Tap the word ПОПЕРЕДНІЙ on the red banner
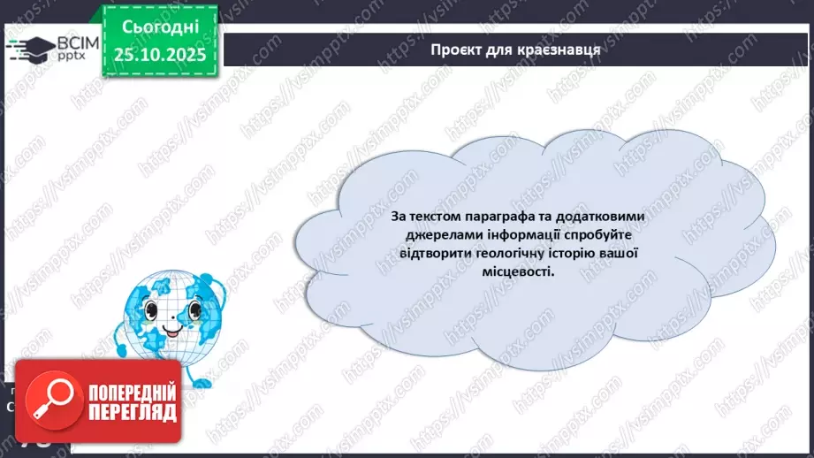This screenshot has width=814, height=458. [133, 391]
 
